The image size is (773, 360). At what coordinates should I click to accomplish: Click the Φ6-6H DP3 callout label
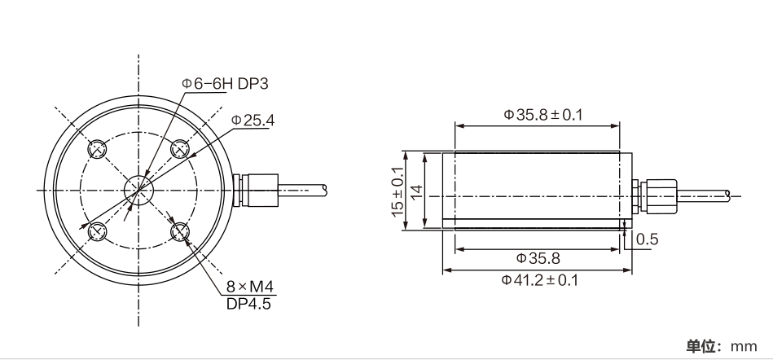coord(225,84)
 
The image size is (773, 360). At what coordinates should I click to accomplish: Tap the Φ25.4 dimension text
coord(253,121)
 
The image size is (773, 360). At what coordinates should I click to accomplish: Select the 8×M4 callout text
coord(249,287)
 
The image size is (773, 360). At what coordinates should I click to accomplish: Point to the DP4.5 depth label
coord(248,304)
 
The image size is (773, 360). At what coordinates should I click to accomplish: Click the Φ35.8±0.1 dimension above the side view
coord(542,115)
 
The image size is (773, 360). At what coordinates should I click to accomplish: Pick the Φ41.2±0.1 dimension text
coord(539,280)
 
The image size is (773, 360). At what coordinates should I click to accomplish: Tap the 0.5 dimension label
coord(648,239)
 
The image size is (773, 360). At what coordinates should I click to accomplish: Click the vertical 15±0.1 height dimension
coord(397,191)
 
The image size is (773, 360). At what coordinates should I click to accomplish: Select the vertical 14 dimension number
coord(416,192)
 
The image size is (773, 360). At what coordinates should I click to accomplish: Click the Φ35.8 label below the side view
coord(538,258)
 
